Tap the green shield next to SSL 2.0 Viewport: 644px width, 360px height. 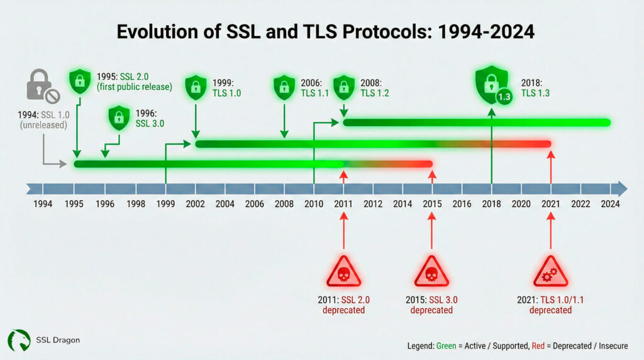click(79, 81)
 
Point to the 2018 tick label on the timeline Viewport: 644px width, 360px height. click(491, 204)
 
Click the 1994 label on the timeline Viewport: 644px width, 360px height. click(43, 204)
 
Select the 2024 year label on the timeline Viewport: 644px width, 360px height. click(610, 204)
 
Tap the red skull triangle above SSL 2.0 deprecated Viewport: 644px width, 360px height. click(343, 273)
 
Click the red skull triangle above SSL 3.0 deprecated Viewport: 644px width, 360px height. click(431, 273)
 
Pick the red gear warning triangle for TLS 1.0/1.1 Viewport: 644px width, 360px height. click(550, 273)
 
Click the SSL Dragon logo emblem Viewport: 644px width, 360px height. click(19, 340)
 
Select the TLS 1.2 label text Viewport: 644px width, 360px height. click(376, 93)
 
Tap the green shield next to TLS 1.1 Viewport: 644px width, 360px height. click(285, 87)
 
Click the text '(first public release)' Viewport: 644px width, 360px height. click(135, 87)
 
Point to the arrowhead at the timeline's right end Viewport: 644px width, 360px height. click(622, 189)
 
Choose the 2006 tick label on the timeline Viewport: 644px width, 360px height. click(254, 204)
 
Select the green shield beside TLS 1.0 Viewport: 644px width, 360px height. click(196, 87)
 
